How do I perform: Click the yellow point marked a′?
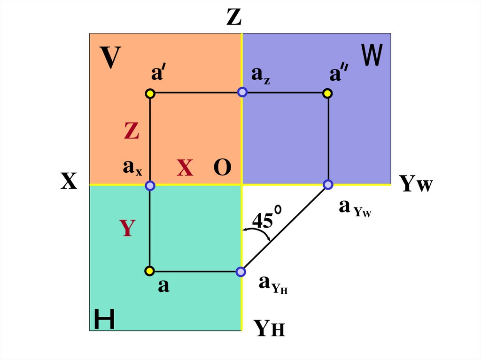coord(150,94)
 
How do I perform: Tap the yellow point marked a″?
coord(328,94)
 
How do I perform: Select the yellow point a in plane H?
coord(149,271)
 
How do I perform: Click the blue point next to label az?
coord(242,92)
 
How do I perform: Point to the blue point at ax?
coord(150,186)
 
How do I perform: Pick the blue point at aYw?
coord(328,184)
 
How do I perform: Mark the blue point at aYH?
coord(240,271)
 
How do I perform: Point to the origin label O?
coord(222,168)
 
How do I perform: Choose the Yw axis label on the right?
coord(416,184)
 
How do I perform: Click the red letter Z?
coord(132,131)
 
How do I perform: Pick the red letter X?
coord(185,168)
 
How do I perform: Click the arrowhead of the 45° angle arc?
coord(269,240)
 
